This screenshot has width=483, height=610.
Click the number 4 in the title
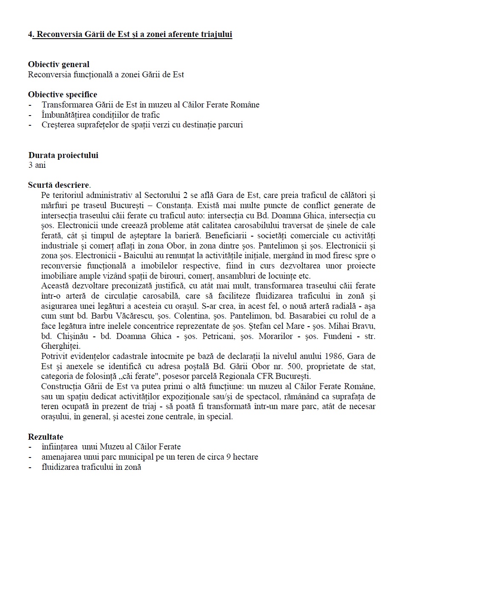[x=30, y=34]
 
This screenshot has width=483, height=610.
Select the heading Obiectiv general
[x=59, y=65]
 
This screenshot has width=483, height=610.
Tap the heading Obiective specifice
[x=62, y=94]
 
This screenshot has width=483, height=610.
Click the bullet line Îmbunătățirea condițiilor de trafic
[x=101, y=115]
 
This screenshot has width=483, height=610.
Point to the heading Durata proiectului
[x=63, y=155]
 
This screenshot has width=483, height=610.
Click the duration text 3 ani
[x=37, y=165]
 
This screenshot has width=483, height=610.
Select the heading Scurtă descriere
[x=59, y=185]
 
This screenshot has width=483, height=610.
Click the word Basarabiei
[x=308, y=316]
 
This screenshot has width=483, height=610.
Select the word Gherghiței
[x=61, y=346]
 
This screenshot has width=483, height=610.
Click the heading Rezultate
[x=45, y=437]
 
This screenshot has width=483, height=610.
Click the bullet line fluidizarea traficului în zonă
[x=91, y=467]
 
